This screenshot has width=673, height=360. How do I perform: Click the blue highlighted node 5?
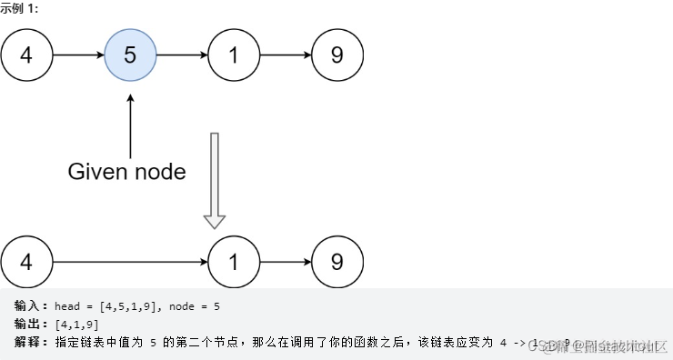pyautogui.click(x=130, y=55)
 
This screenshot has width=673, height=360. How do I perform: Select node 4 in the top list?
pyautogui.click(x=25, y=55)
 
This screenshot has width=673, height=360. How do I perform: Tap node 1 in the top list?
pyautogui.click(x=234, y=55)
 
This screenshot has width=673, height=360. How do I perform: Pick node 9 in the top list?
pyautogui.click(x=337, y=55)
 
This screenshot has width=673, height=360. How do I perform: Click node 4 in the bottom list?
pyautogui.click(x=25, y=263)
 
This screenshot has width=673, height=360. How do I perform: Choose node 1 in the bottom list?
pyautogui.click(x=234, y=263)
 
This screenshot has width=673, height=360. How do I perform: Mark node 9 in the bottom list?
pyautogui.click(x=337, y=263)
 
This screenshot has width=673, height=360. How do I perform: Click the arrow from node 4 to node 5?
pyautogui.click(x=77, y=55)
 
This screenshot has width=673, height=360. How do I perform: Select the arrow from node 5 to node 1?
pyautogui.click(x=182, y=55)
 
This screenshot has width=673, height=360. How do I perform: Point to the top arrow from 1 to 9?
pyautogui.click(x=286, y=55)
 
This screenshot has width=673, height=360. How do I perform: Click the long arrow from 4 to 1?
pyautogui.click(x=129, y=263)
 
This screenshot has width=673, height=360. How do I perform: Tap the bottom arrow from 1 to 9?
pyautogui.click(x=286, y=263)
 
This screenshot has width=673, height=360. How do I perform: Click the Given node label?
pyautogui.click(x=126, y=171)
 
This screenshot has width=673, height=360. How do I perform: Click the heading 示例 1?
pyautogui.click(x=19, y=8)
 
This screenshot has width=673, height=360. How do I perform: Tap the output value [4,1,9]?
pyautogui.click(x=76, y=325)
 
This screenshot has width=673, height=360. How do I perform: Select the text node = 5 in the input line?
pyautogui.click(x=195, y=307)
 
